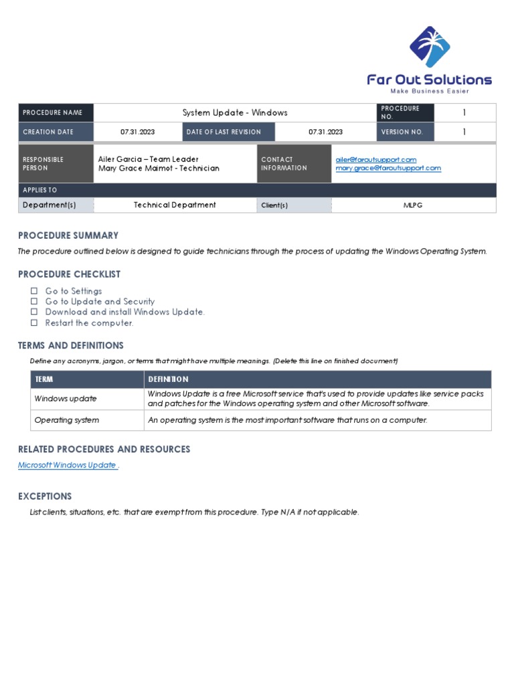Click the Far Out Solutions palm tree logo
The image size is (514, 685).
coord(430,47)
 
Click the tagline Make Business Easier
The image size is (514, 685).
coord(429,91)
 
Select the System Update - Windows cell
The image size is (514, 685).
coord(235,113)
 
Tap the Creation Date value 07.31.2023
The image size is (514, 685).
coord(137,132)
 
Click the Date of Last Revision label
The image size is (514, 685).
coord(224,132)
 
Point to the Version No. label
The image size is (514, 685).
coord(402,132)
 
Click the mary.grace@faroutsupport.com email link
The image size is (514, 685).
coord(388,169)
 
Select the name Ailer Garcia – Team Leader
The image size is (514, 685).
coord(148,159)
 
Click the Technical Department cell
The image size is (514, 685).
coord(175,205)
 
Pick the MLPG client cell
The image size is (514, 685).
coord(414,205)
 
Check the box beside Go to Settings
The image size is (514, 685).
coord(34,291)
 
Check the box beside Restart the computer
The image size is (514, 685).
coord(34,323)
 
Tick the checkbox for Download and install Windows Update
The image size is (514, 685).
coord(34,312)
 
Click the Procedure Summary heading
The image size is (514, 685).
coord(68,235)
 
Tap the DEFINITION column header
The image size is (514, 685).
coord(168,379)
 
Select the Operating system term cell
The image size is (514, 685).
coord(66,420)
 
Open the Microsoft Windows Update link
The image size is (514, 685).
coord(67,465)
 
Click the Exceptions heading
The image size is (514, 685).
coord(45,496)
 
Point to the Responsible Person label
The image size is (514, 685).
coord(44,164)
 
